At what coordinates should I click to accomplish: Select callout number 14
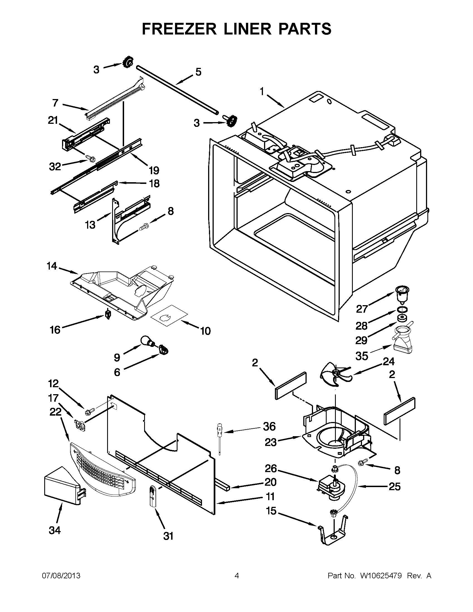pyautogui.click(x=52, y=266)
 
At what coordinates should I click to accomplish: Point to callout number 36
pyautogui.click(x=269, y=426)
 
